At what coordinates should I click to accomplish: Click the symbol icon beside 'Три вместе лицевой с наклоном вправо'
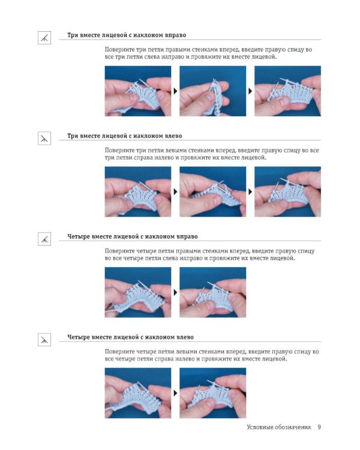[x=44, y=38]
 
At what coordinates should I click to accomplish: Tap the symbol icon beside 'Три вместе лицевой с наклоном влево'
[x=44, y=139]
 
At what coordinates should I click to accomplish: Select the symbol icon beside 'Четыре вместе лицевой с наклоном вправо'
[x=44, y=239]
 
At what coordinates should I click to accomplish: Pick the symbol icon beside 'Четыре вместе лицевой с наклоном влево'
[x=44, y=340]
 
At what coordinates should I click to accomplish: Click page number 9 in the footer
[x=319, y=427]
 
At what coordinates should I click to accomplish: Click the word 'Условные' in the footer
[x=260, y=427]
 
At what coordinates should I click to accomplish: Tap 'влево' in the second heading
[x=173, y=136]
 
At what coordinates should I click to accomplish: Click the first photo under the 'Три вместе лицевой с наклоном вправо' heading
[x=138, y=91]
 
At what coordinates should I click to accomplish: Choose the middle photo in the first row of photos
[x=213, y=91]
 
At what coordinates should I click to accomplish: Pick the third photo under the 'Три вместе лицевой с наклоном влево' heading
[x=287, y=192]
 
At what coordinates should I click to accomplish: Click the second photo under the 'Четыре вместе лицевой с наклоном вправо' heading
[x=213, y=292]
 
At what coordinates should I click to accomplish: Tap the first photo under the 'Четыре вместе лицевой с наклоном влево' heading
[x=138, y=393]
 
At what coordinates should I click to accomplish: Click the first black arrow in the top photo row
[x=175, y=91]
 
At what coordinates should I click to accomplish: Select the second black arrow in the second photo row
[x=250, y=192]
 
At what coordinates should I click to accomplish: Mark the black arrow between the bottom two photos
[x=175, y=393]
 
